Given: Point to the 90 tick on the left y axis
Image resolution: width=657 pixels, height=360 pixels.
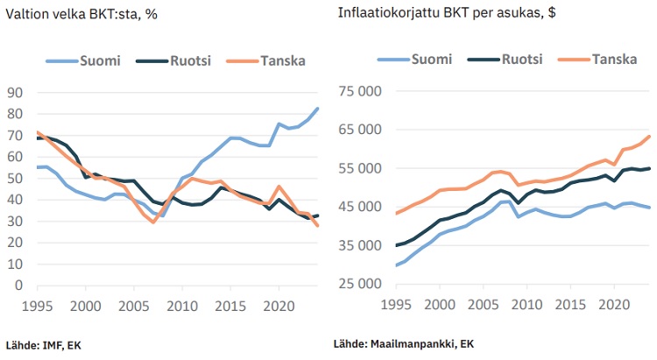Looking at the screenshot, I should coord(15,93).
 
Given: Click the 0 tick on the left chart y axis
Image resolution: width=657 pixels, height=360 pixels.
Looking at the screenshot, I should coord(19,286).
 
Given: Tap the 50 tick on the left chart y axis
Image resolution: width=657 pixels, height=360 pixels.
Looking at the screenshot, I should coord(15,179).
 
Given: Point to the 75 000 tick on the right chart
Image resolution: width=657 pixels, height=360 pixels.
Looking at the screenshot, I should coord(360,91).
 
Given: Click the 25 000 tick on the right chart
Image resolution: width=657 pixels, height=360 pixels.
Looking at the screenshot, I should coord(360,285).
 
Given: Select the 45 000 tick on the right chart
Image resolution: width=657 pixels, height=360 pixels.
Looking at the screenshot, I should coord(360,208).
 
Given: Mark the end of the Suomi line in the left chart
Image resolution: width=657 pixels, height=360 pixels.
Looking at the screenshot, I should coord(317,109).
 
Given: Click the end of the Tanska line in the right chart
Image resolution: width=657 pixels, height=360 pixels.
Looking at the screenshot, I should coord(649,136).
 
